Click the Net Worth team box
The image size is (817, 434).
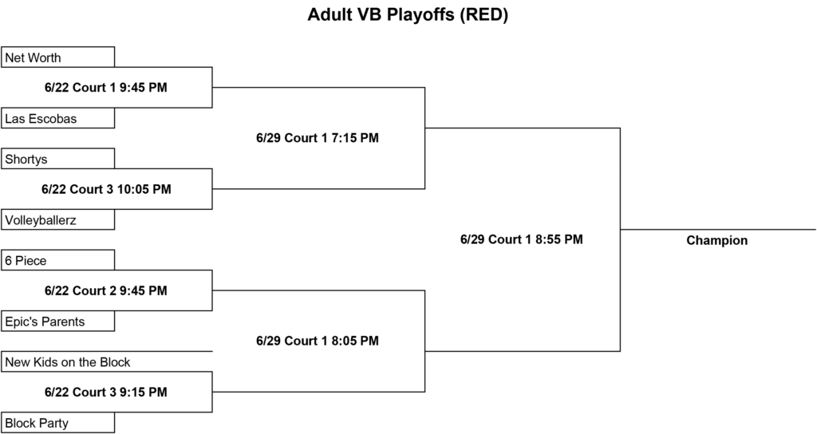tap(57, 57)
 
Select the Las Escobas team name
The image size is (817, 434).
tap(41, 119)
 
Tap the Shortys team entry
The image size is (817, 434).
tap(57, 159)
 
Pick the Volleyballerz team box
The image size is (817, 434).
tap(57, 219)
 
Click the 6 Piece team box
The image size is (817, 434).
tap(57, 260)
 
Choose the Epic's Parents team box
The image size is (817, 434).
tap(57, 321)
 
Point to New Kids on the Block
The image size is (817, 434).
tap(68, 362)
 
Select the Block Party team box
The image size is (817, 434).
tap(57, 423)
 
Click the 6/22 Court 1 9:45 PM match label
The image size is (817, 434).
tap(106, 88)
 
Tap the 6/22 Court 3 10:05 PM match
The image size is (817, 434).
tap(106, 189)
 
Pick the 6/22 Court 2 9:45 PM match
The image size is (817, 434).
tap(106, 290)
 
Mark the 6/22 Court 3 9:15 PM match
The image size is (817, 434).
tap(106, 393)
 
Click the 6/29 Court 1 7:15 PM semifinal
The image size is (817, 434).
tap(318, 138)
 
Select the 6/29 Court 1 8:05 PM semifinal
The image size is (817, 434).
tap(318, 341)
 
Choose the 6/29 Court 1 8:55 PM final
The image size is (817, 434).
tap(522, 239)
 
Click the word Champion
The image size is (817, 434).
tap(717, 240)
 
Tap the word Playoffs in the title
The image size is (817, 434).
tap(420, 14)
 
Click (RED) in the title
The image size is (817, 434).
tap(483, 14)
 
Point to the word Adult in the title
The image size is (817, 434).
tap(329, 14)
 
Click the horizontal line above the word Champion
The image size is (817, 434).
tap(718, 229)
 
